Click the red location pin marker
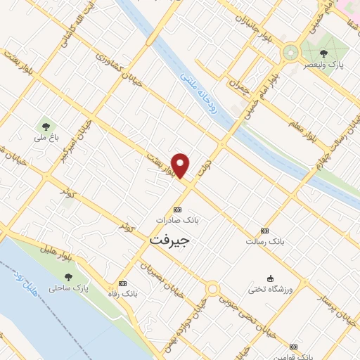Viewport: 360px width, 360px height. click(181, 165)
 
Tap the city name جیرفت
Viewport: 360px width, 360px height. click(170, 240)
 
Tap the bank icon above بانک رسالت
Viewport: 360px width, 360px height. click(264, 231)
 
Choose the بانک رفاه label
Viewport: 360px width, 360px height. click(124, 294)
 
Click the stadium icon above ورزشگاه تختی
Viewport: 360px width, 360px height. click(269, 278)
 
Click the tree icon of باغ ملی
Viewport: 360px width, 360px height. click(46, 127)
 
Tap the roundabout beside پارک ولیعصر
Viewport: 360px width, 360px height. click(290, 53)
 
